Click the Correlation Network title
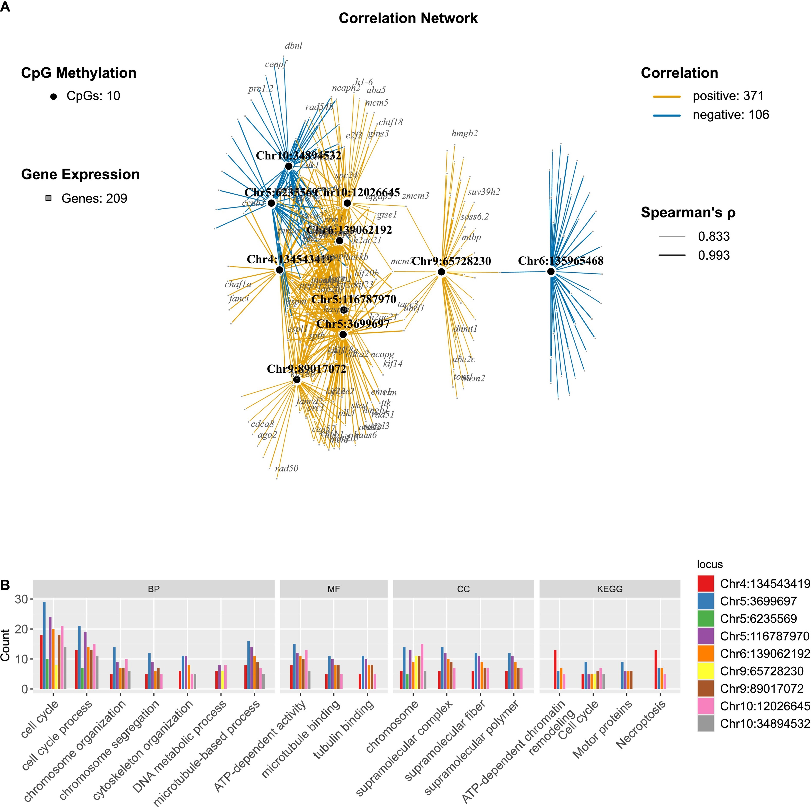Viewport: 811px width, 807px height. point(408,19)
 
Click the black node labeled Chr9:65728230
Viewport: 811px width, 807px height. point(441,272)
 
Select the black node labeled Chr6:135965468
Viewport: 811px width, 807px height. point(551,271)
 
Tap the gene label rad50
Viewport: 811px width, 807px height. point(287,468)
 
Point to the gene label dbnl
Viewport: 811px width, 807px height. point(293,46)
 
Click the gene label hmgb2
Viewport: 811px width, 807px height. point(464,133)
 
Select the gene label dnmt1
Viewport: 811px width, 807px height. point(466,329)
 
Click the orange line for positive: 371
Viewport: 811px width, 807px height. point(667,96)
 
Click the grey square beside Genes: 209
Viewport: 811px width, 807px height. point(49,198)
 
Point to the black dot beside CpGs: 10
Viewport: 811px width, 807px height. point(53,96)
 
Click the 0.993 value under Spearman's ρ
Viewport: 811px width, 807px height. point(714,255)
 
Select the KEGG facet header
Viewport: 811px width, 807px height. point(610,589)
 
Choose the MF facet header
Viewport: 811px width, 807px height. point(333,589)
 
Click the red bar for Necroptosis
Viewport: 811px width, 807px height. point(656,669)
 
